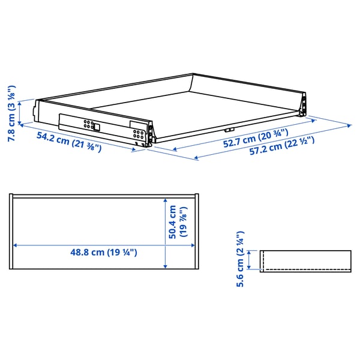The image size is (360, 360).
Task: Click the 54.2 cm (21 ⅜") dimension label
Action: coord(69,142)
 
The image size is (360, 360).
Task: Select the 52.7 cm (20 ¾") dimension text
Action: coord(256,138)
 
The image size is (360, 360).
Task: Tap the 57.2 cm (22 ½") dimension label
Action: coord(282,146)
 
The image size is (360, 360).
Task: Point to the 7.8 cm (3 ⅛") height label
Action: coord(11,113)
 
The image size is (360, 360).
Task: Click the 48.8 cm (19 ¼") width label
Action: coord(104,253)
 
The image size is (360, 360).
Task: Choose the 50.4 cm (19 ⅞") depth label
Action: coord(178,222)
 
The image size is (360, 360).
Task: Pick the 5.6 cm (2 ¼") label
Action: coord(240,259)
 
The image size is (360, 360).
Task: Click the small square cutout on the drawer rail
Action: coord(97,127)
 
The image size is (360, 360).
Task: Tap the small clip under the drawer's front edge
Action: coord(229,130)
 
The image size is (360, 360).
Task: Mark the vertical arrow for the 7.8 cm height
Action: coord(20,113)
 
